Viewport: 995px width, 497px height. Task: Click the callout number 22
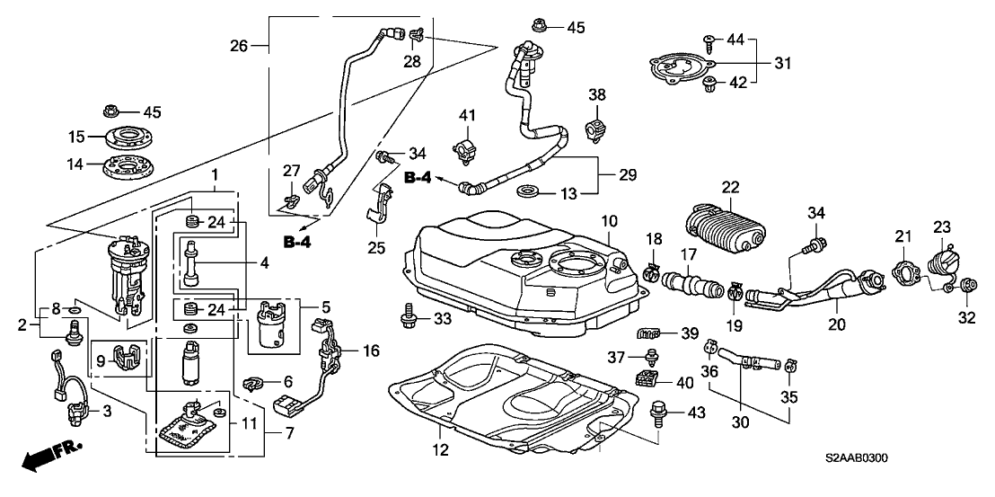[x=729, y=187]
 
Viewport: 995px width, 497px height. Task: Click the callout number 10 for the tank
[x=610, y=221]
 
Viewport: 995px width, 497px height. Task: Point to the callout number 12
[x=438, y=449]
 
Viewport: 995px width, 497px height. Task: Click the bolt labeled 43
[x=657, y=414]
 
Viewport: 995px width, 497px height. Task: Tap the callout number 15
[x=77, y=138]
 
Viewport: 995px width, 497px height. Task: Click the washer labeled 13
[x=530, y=191]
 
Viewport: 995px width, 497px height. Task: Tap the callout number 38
[x=597, y=95]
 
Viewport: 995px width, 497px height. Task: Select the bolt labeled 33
[x=409, y=317]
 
